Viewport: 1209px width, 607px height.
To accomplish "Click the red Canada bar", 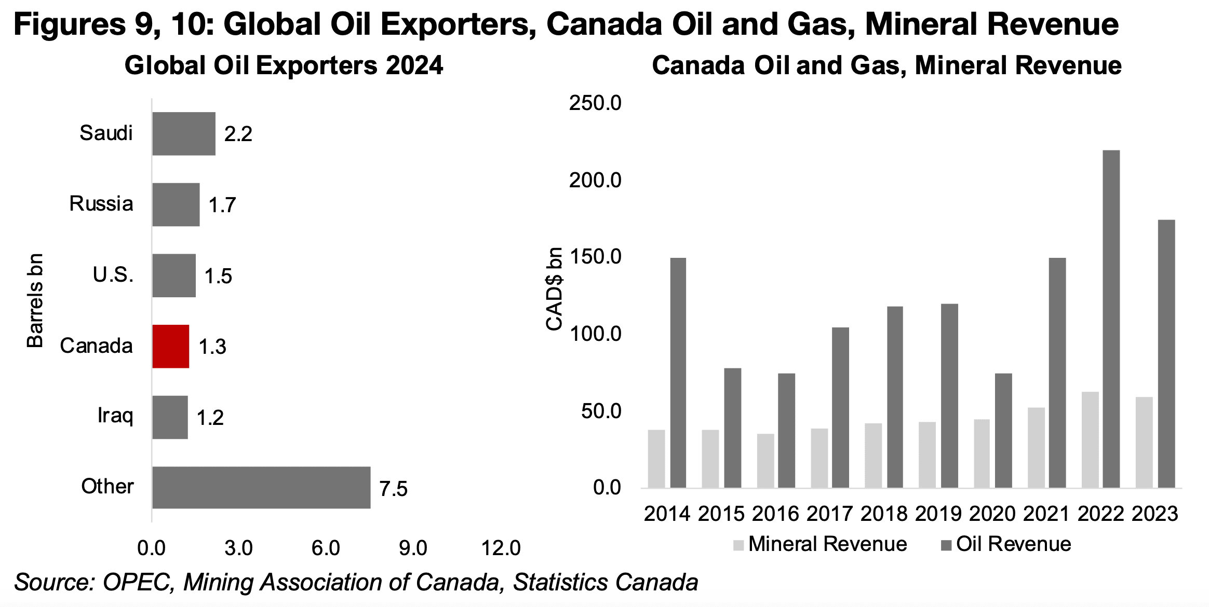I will (x=170, y=346).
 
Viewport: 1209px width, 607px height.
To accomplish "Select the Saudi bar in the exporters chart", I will (x=183, y=133).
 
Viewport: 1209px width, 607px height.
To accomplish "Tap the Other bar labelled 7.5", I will (x=261, y=487).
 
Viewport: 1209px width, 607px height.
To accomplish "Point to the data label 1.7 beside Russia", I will (x=222, y=205).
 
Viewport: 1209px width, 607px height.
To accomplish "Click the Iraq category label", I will (x=115, y=416).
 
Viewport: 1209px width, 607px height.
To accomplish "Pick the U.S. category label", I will (x=113, y=275).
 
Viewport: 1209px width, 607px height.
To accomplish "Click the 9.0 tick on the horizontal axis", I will (x=413, y=548).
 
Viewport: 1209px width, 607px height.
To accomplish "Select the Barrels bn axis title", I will (x=35, y=300).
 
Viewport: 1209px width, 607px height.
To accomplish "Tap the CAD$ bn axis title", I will (x=555, y=288).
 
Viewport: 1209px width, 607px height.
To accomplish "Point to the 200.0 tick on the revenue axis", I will (x=595, y=181).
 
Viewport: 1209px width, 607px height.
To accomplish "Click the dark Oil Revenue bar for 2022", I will (x=1111, y=319).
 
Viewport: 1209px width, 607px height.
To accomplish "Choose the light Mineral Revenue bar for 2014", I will (x=656, y=459).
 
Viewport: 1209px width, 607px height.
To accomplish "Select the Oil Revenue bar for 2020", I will (x=1003, y=430).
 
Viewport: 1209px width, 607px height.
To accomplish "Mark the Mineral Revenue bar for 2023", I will (x=1144, y=442).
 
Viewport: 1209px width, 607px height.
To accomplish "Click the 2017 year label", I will (x=829, y=514).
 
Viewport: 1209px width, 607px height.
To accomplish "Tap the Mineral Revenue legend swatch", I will (x=738, y=545).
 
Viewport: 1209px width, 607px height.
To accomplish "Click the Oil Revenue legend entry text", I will (x=1014, y=544).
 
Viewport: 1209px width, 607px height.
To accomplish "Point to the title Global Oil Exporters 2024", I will (x=284, y=66).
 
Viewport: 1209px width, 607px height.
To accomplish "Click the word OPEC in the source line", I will (x=138, y=582).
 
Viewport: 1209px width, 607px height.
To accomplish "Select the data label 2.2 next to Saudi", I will (x=238, y=134).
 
